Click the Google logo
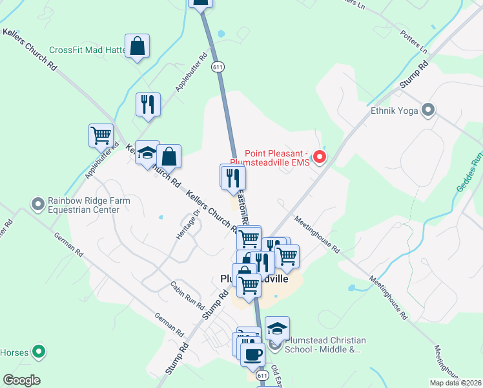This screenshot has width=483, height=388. coord(21,380)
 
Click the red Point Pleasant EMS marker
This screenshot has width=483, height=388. coord(319,157)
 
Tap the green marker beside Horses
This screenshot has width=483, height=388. coord(39,352)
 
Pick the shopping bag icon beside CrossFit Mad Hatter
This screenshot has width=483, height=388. coord(137,47)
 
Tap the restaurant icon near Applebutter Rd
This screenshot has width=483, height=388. coord(148,104)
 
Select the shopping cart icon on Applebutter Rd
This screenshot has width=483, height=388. coord(101,136)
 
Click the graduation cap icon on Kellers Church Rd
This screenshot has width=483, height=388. coord(147,154)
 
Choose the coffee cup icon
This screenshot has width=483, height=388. coord(252,354)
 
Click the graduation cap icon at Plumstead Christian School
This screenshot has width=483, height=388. coord(277,329)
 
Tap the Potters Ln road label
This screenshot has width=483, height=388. coord(413,42)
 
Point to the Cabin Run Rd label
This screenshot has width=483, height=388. coord(187,295)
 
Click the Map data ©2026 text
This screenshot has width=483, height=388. coord(455,383)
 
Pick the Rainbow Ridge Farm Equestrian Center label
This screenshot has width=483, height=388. coord(88,205)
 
